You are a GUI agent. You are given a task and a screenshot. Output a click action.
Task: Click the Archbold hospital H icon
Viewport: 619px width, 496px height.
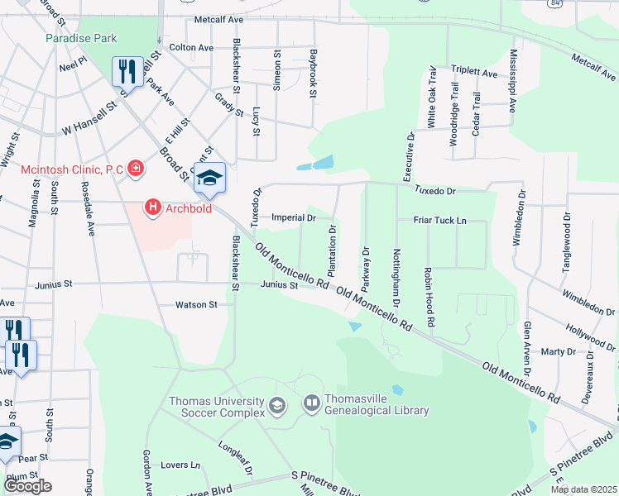point(153,207)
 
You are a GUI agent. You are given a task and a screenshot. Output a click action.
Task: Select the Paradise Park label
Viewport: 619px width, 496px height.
point(81,38)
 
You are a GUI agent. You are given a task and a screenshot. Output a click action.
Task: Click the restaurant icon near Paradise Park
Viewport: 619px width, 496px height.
point(127,71)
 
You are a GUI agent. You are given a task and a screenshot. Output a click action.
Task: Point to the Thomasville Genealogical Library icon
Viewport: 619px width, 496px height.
point(312,403)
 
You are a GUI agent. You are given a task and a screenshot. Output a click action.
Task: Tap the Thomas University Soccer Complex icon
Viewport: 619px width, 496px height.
point(276,404)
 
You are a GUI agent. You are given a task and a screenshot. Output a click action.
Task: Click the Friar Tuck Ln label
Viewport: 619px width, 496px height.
point(439,221)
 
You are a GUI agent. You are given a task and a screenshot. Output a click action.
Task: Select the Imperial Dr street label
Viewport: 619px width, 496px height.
point(294,217)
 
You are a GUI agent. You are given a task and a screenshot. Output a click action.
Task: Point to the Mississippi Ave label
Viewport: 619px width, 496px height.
point(513,80)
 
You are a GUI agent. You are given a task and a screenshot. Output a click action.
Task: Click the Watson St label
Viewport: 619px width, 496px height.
point(196,304)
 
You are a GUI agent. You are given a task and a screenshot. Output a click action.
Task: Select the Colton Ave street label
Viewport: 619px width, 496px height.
point(191,48)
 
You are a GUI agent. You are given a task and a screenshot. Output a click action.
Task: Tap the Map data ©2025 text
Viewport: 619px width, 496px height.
point(583,489)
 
